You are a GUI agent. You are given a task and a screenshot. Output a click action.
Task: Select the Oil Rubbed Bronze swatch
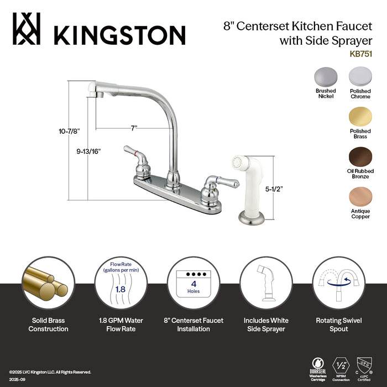(360, 157)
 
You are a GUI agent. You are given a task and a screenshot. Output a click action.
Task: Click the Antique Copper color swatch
(360, 197)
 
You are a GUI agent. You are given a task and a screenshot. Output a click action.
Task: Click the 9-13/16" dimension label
(89, 150)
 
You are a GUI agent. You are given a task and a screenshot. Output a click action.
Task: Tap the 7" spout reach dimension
(134, 128)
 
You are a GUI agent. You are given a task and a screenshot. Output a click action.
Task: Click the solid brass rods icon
(47, 281)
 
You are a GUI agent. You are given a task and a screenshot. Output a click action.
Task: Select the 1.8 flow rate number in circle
(119, 288)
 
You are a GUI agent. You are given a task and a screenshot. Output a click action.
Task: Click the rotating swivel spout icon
(338, 282)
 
